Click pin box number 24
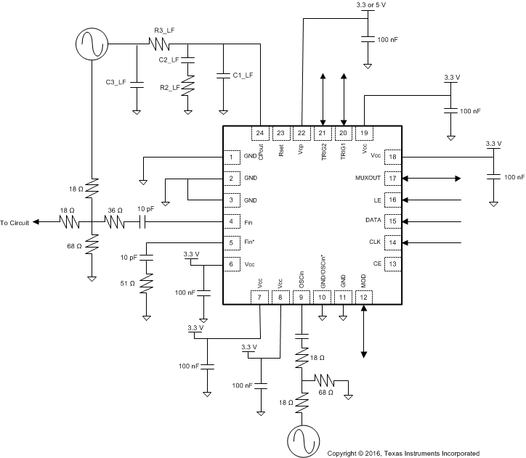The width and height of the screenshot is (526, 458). tap(259, 133)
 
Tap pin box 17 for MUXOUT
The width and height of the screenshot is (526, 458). tap(392, 179)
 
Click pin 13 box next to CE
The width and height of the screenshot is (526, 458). tap(392, 263)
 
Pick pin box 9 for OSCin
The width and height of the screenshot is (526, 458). tap(301, 296)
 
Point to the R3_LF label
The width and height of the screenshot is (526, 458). tap(163, 30)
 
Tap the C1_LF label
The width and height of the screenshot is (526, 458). tap(244, 75)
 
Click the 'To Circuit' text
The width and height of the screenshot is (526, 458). tap(15, 223)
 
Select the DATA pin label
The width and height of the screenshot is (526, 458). tap(373, 220)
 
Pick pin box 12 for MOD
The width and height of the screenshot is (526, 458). tap(364, 296)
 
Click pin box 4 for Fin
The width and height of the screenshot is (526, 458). tap(231, 221)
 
